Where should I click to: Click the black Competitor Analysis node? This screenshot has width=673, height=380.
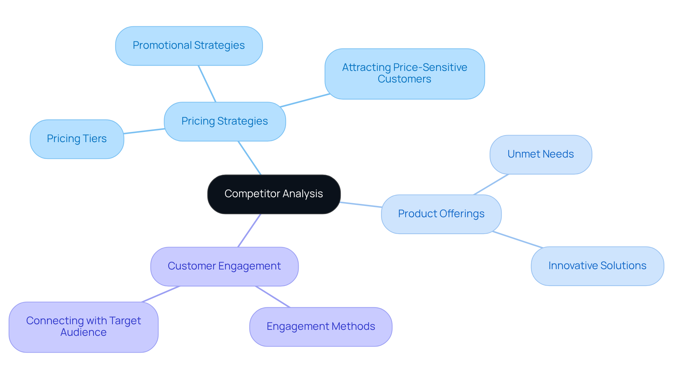273,194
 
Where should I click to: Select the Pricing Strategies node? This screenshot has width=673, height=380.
225,121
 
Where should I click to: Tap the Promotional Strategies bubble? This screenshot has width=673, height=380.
189,46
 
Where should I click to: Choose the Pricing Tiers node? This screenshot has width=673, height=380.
77,139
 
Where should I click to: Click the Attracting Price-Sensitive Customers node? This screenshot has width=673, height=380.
405,74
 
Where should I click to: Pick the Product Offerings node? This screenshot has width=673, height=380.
441,214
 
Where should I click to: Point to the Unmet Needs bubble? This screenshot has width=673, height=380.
541,154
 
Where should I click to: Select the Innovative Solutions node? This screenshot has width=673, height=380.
597,266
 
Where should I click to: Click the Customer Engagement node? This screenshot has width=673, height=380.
224,266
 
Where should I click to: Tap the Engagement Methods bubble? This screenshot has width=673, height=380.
320,327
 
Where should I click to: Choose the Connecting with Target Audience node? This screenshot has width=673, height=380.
83,327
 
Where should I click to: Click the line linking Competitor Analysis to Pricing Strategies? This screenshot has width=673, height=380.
250,158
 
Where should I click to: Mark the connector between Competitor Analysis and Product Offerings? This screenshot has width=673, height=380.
361,205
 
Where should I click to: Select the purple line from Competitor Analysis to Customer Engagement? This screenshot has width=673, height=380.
249,231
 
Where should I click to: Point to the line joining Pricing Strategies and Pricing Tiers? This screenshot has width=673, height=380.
144,131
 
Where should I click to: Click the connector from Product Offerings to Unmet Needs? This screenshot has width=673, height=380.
491,185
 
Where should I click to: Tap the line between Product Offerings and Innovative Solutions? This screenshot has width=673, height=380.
517,240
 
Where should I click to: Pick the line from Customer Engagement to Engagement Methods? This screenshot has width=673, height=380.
273,297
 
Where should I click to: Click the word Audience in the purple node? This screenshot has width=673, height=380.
83,332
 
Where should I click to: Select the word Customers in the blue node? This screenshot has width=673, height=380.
405,79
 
